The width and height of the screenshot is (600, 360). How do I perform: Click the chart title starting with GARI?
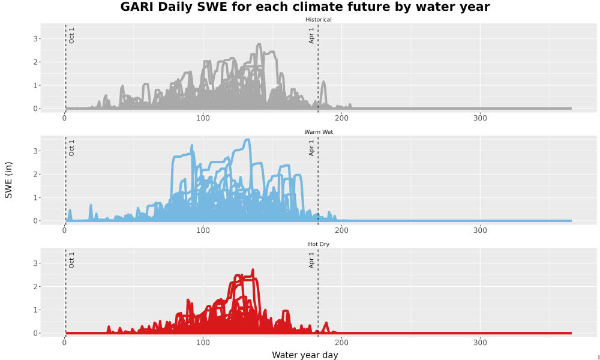[305, 7]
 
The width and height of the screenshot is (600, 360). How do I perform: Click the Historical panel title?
[319, 20]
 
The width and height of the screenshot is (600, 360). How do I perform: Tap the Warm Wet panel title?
[319, 132]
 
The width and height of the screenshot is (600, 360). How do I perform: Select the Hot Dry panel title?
[319, 244]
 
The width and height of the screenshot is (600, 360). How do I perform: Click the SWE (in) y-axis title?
[8, 180]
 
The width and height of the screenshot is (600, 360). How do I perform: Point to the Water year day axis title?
[305, 355]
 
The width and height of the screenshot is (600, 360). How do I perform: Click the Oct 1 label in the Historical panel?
[71, 35]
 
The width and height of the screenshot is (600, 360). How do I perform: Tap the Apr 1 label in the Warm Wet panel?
[311, 148]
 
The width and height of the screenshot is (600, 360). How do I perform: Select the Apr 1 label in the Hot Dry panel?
[311, 260]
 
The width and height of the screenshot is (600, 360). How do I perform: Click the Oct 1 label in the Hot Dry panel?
[71, 260]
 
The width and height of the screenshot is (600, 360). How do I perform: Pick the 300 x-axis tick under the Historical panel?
[480, 118]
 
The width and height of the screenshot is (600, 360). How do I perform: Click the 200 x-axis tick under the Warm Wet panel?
[342, 230]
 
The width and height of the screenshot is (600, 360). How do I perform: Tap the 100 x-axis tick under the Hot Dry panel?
[203, 343]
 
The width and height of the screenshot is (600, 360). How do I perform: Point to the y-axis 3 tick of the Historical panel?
[35, 38]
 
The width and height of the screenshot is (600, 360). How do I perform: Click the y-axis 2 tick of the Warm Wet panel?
[35, 175]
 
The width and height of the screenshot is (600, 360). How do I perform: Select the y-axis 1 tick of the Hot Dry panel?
[35, 310]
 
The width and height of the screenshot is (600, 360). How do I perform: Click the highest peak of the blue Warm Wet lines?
[247, 140]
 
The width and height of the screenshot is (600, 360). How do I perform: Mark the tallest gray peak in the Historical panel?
[259, 44]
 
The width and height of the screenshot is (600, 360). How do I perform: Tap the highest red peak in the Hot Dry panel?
[253, 270]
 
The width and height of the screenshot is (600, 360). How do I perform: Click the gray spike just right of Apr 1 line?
[324, 82]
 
